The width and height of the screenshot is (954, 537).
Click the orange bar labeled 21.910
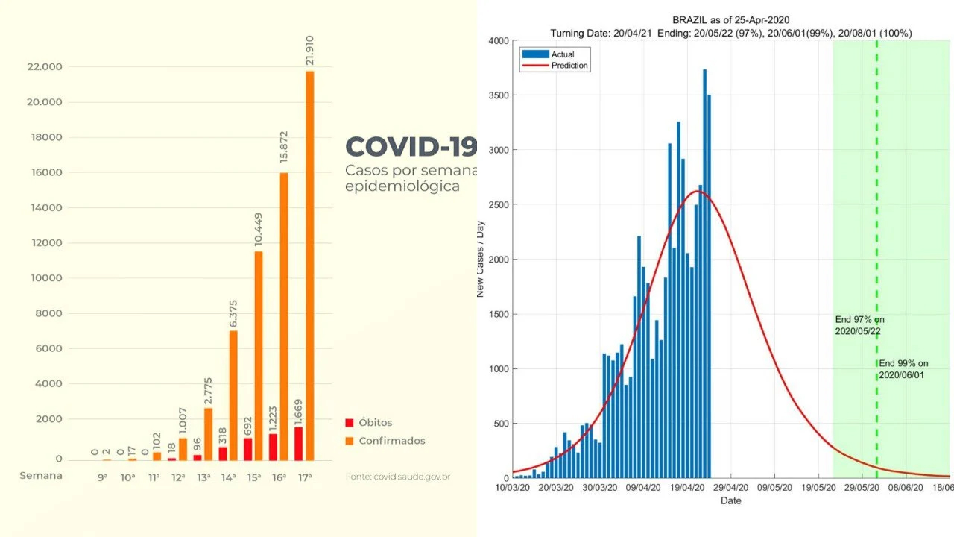pyautogui.click(x=309, y=265)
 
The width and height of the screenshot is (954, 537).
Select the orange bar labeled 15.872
pyautogui.click(x=283, y=316)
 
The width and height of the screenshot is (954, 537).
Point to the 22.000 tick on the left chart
pyautogui.click(x=44, y=67)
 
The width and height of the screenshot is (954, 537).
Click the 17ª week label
pyautogui.click(x=304, y=477)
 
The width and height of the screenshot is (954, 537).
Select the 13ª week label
pyautogui.click(x=203, y=477)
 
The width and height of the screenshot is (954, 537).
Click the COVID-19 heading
pyautogui.click(x=410, y=147)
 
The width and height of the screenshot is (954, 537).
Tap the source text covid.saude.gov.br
pyautogui.click(x=398, y=477)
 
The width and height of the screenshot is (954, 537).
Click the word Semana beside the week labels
pyautogui.click(x=41, y=476)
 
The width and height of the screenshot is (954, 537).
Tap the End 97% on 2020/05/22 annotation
pyautogui.click(x=859, y=325)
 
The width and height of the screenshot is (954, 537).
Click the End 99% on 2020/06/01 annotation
pyautogui.click(x=903, y=369)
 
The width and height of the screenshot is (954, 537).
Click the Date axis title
pyautogui.click(x=730, y=501)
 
